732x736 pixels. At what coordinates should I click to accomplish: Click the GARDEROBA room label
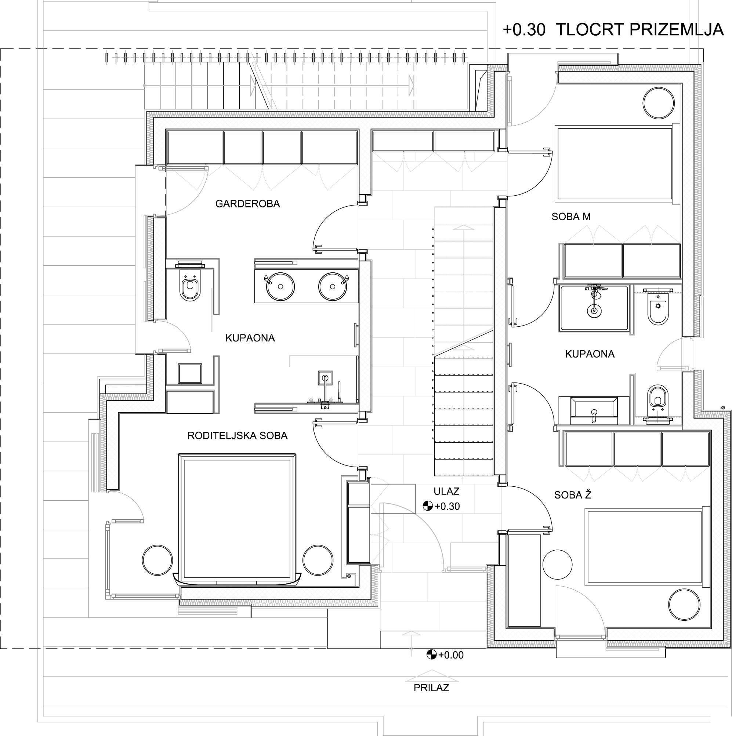point(248,204)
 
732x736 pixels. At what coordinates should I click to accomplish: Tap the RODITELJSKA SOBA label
point(238,435)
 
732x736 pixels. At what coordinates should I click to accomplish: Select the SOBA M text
point(571,217)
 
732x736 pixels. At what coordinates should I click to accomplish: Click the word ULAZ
point(446,492)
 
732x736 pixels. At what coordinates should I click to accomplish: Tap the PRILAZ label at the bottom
point(431,688)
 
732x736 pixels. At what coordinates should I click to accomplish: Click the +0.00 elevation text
point(451,655)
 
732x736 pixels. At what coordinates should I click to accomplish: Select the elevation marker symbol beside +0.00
point(431,655)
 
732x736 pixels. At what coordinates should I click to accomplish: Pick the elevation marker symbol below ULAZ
point(428,506)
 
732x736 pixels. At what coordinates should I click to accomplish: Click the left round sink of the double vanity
point(280,286)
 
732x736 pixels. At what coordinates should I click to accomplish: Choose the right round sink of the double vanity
point(333,286)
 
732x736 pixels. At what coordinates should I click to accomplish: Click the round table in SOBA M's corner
point(659,103)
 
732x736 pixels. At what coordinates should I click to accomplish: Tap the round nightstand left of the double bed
point(157,560)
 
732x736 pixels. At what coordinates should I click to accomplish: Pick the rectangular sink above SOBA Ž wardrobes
point(594,410)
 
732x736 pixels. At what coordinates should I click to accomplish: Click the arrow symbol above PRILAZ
point(431,678)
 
